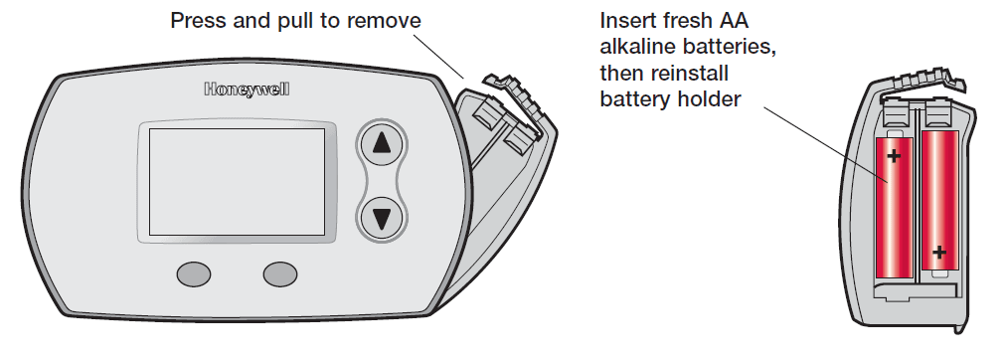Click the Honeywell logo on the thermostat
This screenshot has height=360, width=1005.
coord(247,90)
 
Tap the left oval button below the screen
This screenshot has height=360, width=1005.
coord(194,274)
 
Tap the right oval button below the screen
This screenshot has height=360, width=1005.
coord(280,274)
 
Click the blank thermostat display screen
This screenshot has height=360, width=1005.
coord(238,182)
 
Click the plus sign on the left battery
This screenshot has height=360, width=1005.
coord(894,156)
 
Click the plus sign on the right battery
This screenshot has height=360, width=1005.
coord(939,253)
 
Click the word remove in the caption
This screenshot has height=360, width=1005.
coord(384,21)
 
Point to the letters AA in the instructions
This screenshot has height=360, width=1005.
coord(736,21)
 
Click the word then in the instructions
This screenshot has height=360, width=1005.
coord(621,74)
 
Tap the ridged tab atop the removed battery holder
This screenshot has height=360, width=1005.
coord(921,82)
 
